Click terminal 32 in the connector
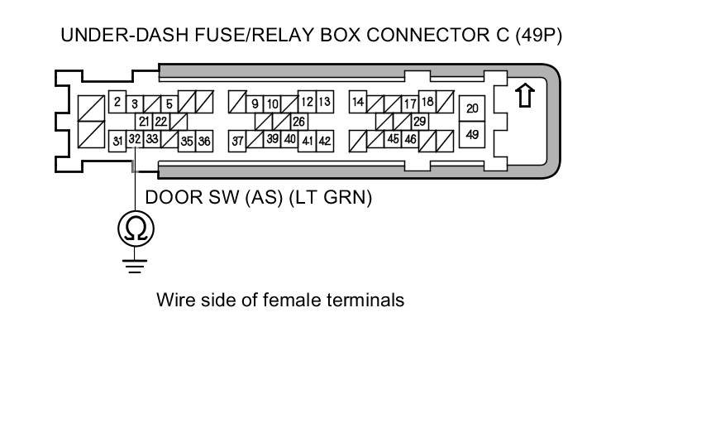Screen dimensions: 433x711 tap(134, 139)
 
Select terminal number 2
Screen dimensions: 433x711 tap(117, 103)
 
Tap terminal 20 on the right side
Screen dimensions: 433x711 tap(472, 108)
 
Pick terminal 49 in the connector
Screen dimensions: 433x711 tap(472, 133)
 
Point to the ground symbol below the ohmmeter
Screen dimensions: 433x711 tap(134, 264)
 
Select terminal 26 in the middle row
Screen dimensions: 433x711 tap(298, 122)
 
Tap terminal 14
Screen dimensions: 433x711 tap(358, 103)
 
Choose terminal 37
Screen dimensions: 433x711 tap(237, 142)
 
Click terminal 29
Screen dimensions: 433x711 tap(419, 122)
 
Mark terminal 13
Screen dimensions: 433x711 tap(324, 103)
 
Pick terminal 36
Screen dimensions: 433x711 tap(203, 142)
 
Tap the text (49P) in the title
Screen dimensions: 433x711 tap(537, 36)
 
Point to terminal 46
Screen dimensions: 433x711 tap(410, 140)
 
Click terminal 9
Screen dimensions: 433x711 tap(255, 103)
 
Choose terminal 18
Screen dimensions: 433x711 tap(427, 102)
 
